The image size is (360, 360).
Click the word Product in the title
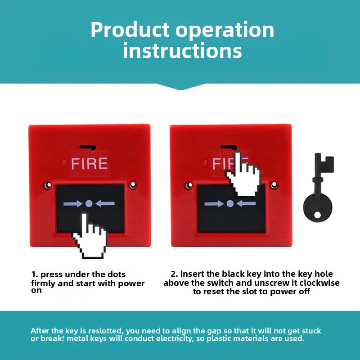pos(130,30)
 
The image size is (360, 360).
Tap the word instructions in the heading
pos(182,50)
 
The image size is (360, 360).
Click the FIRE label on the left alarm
pos(89,163)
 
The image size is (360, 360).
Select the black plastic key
pos(318,188)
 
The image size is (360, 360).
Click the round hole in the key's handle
pos(317,215)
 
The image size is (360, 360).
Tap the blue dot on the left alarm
pos(89,203)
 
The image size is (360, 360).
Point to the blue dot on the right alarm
pos(230,203)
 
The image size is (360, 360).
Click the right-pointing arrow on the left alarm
pos(73,204)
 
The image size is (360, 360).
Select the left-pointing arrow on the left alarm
pos(105,203)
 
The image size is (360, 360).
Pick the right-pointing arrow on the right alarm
pos(214,204)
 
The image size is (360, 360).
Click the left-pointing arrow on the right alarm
pos(246,203)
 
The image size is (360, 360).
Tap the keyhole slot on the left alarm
pos(88,147)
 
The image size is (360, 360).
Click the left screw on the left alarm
pos(48,185)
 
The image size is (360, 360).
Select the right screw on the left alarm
pos(133,185)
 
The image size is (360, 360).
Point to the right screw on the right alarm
pos(274,185)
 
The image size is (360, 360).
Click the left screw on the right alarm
pos(189,185)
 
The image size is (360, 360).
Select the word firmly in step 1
pos(43,283)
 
